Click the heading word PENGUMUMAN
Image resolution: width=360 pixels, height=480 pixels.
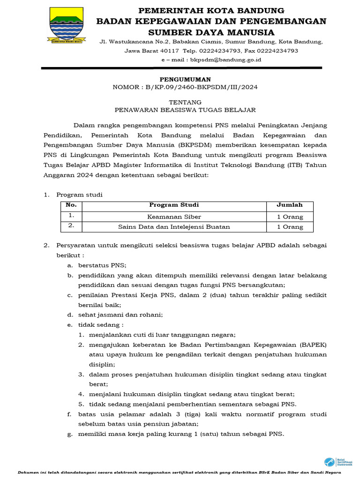[x=185, y=79]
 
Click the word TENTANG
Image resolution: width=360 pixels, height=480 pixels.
[x=185, y=102]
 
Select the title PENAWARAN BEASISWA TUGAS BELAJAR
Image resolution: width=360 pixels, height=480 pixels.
[x=185, y=110]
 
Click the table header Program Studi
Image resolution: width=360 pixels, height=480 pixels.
[x=174, y=205]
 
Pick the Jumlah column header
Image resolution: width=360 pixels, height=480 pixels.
[x=290, y=205]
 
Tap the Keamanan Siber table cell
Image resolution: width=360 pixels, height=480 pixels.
[x=174, y=217]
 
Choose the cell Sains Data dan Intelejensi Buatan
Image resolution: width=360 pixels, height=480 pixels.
[x=174, y=227]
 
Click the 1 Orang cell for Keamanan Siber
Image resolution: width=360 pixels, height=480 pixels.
[x=290, y=217]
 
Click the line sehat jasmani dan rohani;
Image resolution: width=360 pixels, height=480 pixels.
[x=120, y=315]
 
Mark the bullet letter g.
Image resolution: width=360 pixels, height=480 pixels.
[x=70, y=434]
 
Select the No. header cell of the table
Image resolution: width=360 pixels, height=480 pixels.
[x=71, y=205]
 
